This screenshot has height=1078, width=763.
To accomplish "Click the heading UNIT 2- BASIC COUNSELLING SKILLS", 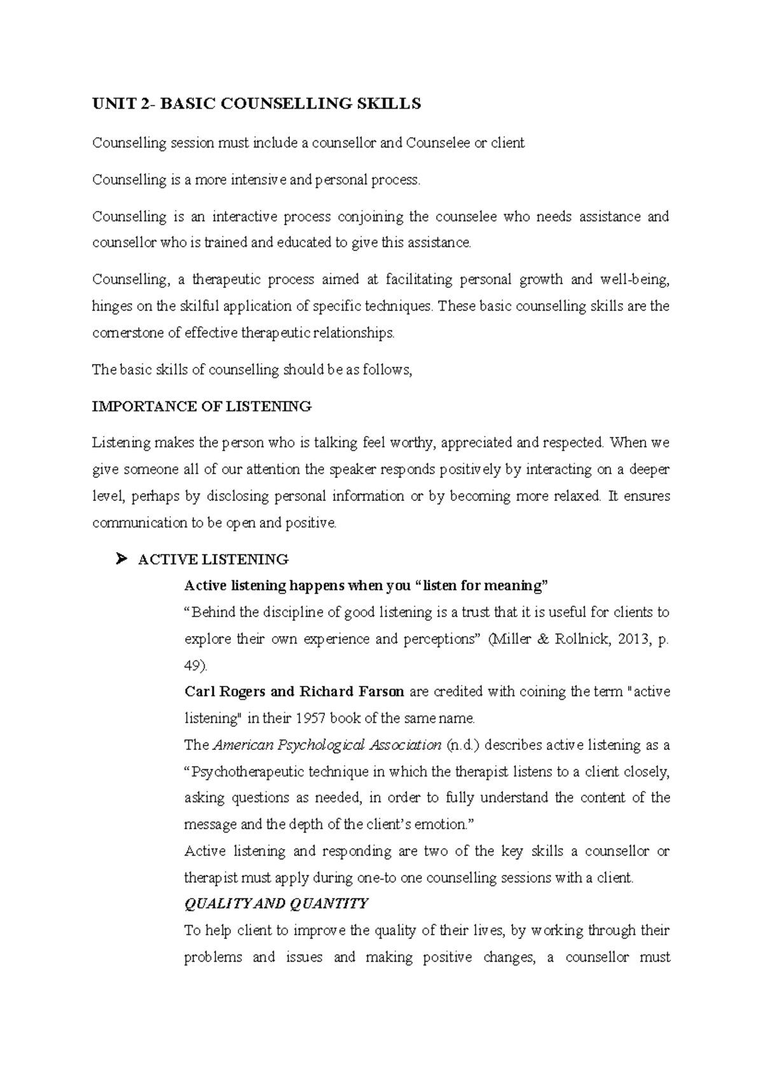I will (256, 104).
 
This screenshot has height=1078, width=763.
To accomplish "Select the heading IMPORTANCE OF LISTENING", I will (202, 406).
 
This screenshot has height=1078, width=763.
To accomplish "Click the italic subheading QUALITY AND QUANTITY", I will (276, 903).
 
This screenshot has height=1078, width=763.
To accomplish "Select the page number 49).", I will (196, 665).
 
